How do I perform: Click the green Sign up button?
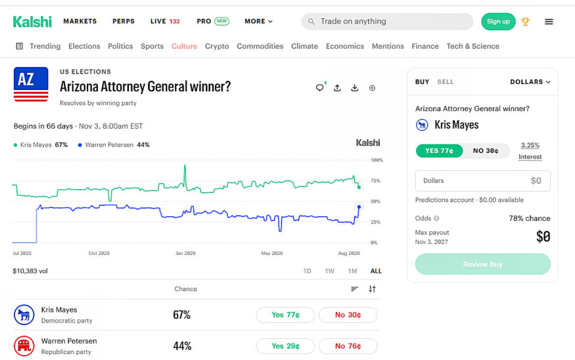tap(498, 21)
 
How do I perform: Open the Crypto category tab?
tap(217, 46)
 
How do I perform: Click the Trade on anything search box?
tap(387, 21)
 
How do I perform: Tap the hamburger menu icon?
tap(549, 22)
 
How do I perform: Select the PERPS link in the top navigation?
tap(124, 21)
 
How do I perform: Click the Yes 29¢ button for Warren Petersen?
tap(285, 346)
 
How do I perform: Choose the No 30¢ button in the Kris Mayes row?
tap(348, 315)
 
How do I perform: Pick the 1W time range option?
tap(329, 271)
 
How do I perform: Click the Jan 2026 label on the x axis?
tap(185, 253)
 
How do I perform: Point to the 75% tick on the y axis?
tap(375, 181)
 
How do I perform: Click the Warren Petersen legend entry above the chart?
tap(114, 145)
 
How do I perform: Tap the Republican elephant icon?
tap(24, 346)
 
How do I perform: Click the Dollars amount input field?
tap(482, 181)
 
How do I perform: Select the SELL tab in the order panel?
tap(445, 81)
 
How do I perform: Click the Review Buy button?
tap(482, 264)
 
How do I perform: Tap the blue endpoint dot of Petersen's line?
tap(359, 207)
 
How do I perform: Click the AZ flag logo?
tap(31, 84)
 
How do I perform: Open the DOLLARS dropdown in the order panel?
tap(530, 81)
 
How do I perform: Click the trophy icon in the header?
tap(526, 22)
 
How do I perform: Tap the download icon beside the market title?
tap(355, 88)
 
